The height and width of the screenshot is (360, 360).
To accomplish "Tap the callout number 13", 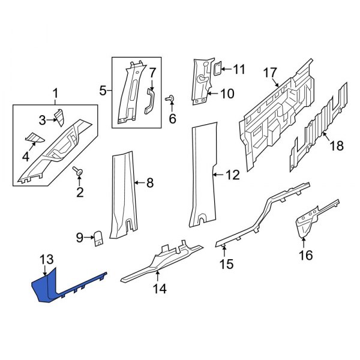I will pos(46,259).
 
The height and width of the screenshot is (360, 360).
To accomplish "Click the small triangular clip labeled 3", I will pos(59,115).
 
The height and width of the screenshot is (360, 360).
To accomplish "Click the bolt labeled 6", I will pos(170,98).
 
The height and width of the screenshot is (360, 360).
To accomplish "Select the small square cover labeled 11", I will pos(219,68).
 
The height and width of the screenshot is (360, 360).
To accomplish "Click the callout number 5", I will pos(103,91).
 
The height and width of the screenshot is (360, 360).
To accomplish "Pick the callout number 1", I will pos(56,94).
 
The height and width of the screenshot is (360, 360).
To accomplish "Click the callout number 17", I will pos(271,74).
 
